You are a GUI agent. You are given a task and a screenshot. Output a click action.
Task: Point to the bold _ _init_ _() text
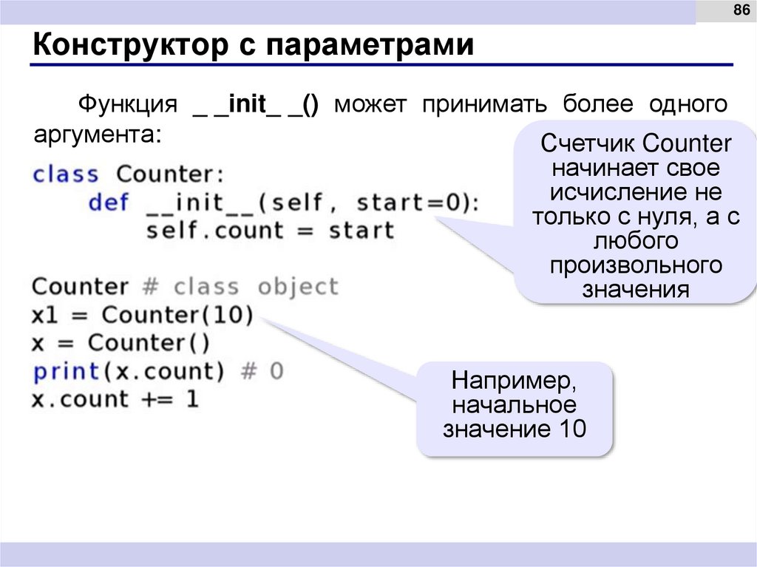coord(255,104)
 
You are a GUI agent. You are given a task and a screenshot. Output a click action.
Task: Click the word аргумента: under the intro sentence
coord(96,134)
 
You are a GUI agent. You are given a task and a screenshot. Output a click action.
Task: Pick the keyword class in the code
coord(65,174)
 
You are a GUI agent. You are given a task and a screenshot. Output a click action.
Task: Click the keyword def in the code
coord(108,203)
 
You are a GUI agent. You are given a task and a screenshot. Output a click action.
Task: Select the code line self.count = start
coord(270,231)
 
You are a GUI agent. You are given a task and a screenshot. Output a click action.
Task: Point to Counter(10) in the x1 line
coord(177,315)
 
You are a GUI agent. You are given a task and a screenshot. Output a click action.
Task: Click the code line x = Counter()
coord(121,343)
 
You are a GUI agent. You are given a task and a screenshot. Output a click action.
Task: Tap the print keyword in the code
coord(66,371)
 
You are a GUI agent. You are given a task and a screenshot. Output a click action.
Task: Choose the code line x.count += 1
coord(115,399)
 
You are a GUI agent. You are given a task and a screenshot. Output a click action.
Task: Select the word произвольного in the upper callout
coord(635,265)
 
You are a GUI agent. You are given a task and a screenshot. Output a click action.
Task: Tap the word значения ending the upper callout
coord(635,288)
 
